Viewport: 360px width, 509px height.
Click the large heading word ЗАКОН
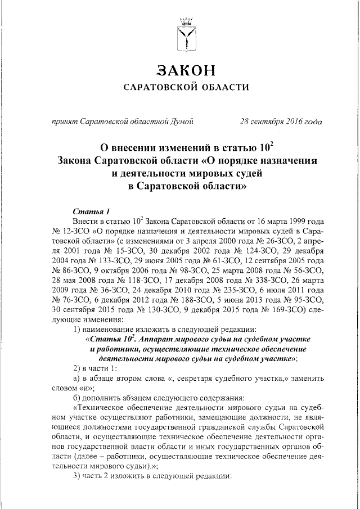click(x=186, y=70)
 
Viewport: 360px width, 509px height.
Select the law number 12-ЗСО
click(x=71, y=231)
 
